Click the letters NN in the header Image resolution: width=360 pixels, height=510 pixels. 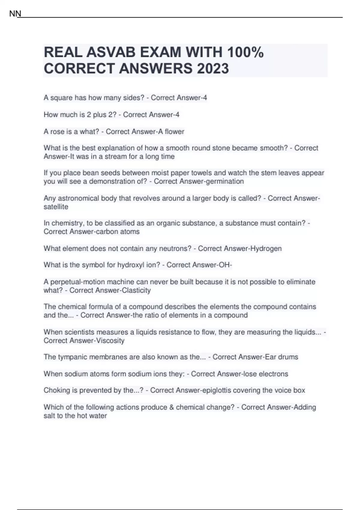(15, 14)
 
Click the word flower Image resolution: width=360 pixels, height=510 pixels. (175, 131)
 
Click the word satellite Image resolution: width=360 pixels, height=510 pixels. (56, 207)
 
